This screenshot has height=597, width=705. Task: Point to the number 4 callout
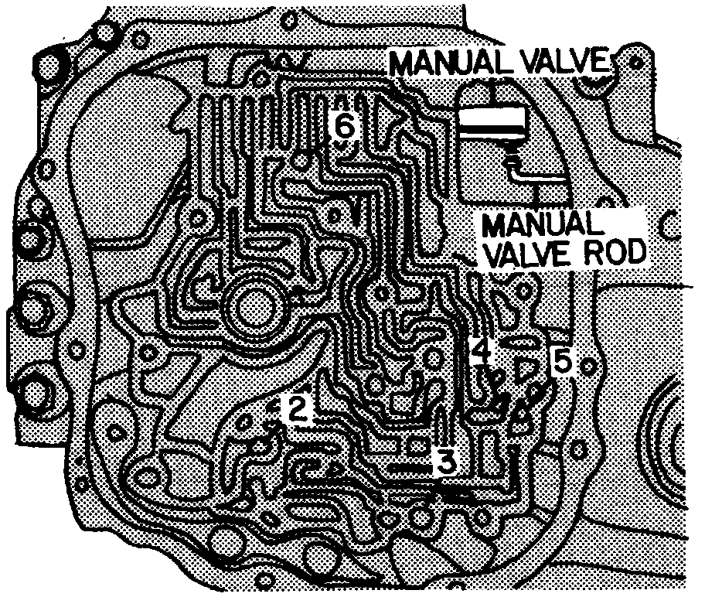point(481,352)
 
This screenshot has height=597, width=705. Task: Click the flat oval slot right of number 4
point(518,340)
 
